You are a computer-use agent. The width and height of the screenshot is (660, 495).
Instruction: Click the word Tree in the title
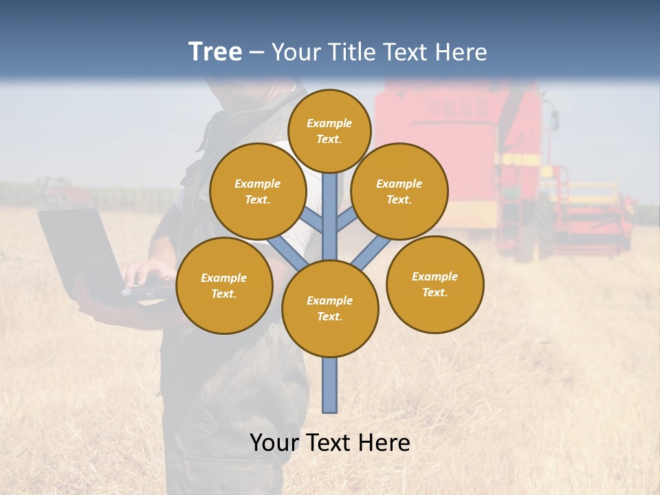pyautogui.click(x=215, y=52)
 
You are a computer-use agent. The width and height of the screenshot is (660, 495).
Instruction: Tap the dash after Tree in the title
pyautogui.click(x=257, y=52)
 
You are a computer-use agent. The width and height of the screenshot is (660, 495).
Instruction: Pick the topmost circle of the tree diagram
pyautogui.click(x=329, y=131)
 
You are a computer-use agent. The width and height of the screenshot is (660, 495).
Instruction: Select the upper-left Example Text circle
pyautogui.click(x=258, y=192)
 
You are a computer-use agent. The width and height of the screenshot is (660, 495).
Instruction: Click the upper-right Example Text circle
pyautogui.click(x=399, y=192)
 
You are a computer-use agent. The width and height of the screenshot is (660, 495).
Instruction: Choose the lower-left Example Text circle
pyautogui.click(x=224, y=285)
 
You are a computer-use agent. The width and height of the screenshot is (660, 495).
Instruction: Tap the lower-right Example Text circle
pyautogui.click(x=435, y=284)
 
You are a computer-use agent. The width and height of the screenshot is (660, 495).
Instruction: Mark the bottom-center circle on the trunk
pyautogui.click(x=330, y=309)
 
